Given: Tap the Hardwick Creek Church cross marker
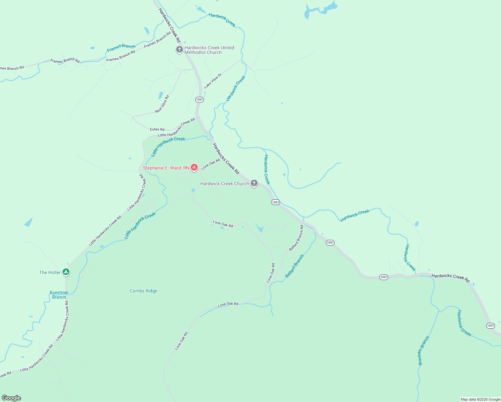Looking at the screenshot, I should pos(254,183).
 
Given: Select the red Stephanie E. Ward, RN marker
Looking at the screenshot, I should pos(194,167).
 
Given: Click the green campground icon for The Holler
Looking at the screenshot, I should pos(66,272).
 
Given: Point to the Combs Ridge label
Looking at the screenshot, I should pos(143,291).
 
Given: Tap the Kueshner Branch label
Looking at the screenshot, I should pos(59,295).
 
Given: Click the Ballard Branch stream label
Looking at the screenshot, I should pos(294,266).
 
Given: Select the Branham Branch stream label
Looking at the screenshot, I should pos(423,350).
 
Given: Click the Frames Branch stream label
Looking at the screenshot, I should pos(121,48).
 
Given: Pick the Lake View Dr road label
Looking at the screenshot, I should pos(213,81).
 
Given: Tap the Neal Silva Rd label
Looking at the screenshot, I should pos(162,104).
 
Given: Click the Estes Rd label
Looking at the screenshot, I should pos(157,129).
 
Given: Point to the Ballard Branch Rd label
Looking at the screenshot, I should pos(296,238).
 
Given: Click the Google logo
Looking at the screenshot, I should pos(11,398).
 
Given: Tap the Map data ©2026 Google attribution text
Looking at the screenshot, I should pos(480,399).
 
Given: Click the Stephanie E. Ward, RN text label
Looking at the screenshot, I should pos(166,168).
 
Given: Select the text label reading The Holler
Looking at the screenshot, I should pos(50,272).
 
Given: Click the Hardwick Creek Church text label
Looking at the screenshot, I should pos(224,184).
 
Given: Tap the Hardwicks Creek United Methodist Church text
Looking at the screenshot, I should pos(209,50).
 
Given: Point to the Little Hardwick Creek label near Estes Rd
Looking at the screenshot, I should pos(168,146).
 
